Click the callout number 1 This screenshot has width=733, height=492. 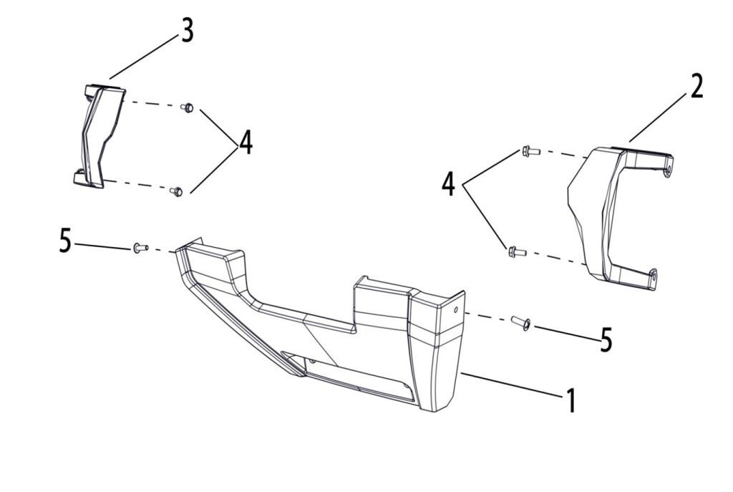[x=571, y=400]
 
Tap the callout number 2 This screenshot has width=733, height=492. [x=696, y=87]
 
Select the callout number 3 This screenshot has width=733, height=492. [x=187, y=32]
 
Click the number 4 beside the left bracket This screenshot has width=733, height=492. [x=246, y=143]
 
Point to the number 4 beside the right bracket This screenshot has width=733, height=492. [x=448, y=183]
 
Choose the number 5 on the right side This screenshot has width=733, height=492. [x=606, y=340]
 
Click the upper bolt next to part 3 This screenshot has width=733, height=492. [x=187, y=107]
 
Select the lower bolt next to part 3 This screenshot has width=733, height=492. [x=176, y=191]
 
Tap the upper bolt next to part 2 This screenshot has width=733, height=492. [x=530, y=151]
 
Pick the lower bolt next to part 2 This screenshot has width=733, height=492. [x=518, y=252]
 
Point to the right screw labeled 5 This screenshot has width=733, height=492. [x=520, y=323]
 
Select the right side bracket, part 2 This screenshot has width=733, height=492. [x=621, y=218]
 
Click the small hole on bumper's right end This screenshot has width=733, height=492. [x=456, y=310]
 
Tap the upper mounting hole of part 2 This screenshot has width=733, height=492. [x=666, y=171]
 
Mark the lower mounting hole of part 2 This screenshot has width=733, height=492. [x=652, y=276]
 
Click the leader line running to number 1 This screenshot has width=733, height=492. [x=511, y=385]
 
